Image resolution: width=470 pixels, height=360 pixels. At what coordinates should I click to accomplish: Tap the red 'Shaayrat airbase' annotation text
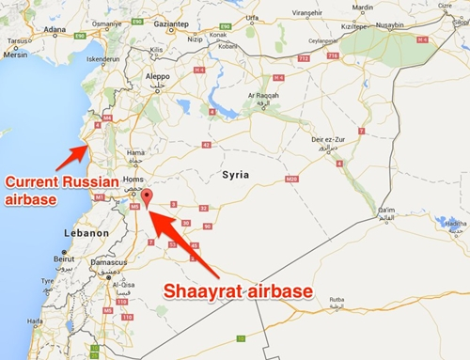(239, 293)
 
